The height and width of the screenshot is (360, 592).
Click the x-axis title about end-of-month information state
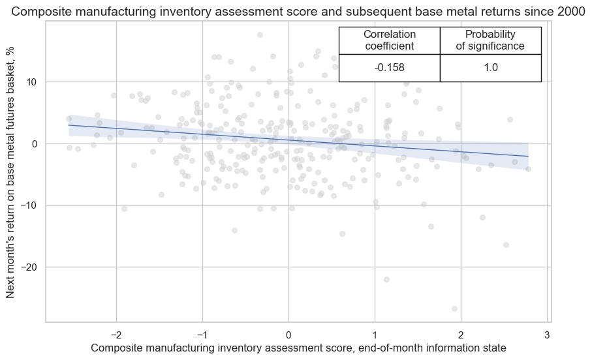tap(298, 349)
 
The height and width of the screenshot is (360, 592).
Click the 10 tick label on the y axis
tap(33, 82)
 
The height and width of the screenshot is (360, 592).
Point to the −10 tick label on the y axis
tap(30, 205)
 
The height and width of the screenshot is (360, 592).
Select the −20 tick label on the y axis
tap(30, 267)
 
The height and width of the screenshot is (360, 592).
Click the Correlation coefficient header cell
tap(390, 40)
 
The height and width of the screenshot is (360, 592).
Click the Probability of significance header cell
tap(491, 40)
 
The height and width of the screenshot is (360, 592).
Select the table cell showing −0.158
tap(390, 68)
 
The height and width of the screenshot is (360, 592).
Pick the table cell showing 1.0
tap(491, 68)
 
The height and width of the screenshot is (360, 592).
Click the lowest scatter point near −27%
tap(454, 308)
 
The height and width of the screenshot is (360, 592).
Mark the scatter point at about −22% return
tap(386, 279)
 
